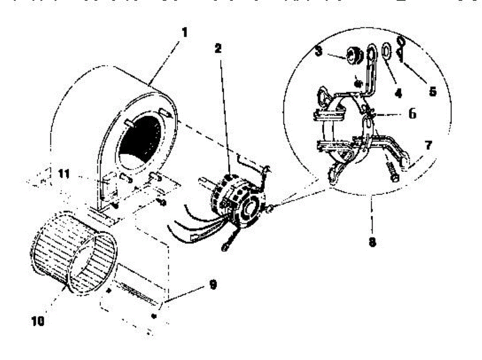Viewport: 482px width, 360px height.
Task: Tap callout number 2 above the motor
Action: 218,49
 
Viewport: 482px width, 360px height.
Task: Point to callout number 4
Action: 398,93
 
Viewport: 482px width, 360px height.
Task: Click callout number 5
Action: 432,91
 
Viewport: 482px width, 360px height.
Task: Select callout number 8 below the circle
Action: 372,243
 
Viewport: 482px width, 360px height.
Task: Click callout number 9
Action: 213,284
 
